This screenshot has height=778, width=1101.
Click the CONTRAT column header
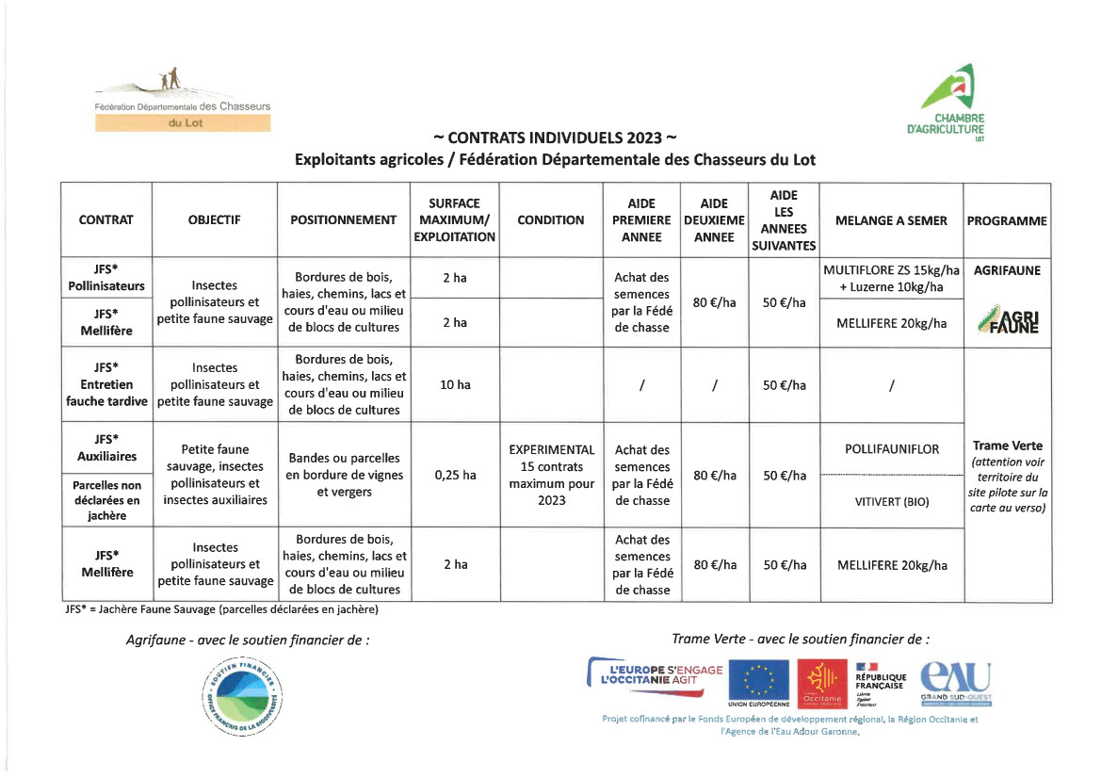pyautogui.click(x=106, y=219)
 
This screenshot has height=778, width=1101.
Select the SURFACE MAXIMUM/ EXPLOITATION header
pyautogui.click(x=454, y=219)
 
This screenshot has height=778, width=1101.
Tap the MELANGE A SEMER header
pyautogui.click(x=891, y=219)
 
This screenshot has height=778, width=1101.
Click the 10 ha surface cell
pyautogui.click(x=454, y=384)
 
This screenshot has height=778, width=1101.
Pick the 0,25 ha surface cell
pyautogui.click(x=454, y=475)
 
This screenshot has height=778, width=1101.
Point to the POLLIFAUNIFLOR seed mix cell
pyautogui.click(x=891, y=449)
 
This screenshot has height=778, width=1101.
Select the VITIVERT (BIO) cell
pyautogui.click(x=891, y=501)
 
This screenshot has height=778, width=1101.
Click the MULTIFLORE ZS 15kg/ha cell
pyautogui.click(x=891, y=278)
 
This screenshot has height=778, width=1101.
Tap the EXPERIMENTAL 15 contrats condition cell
pyautogui.click(x=551, y=475)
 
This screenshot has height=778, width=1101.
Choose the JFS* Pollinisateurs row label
pyautogui.click(x=106, y=277)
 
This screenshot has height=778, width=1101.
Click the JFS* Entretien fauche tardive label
pyautogui.click(x=106, y=384)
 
